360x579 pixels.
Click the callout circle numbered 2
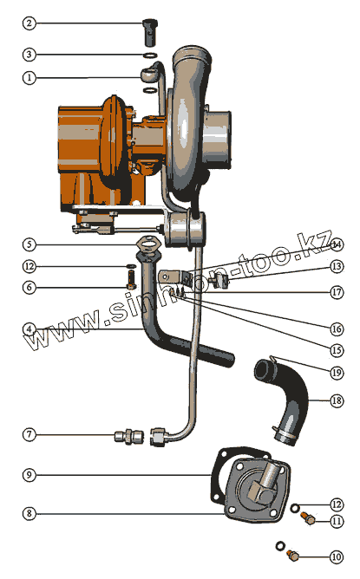[x=29, y=23]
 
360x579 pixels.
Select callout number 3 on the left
[x=29, y=55]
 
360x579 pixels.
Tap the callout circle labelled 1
[x=29, y=78]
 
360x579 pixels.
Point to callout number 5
[x=29, y=244]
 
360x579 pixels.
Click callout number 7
[x=29, y=434]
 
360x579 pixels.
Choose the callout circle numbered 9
[x=29, y=475]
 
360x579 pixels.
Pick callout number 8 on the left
[x=29, y=514]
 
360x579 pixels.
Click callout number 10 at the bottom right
[x=337, y=556]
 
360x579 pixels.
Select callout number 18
[x=337, y=400]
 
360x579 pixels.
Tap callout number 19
[x=337, y=373]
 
